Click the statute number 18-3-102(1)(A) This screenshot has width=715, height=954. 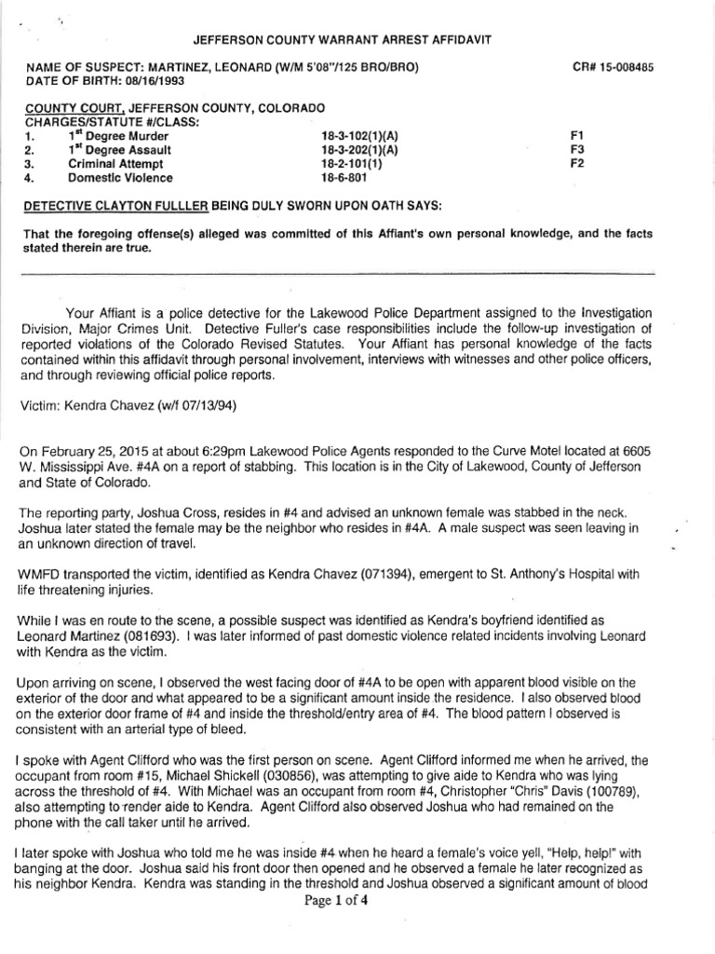[359, 135]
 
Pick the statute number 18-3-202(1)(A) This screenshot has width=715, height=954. [359, 149]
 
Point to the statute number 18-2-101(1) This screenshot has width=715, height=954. [351, 163]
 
